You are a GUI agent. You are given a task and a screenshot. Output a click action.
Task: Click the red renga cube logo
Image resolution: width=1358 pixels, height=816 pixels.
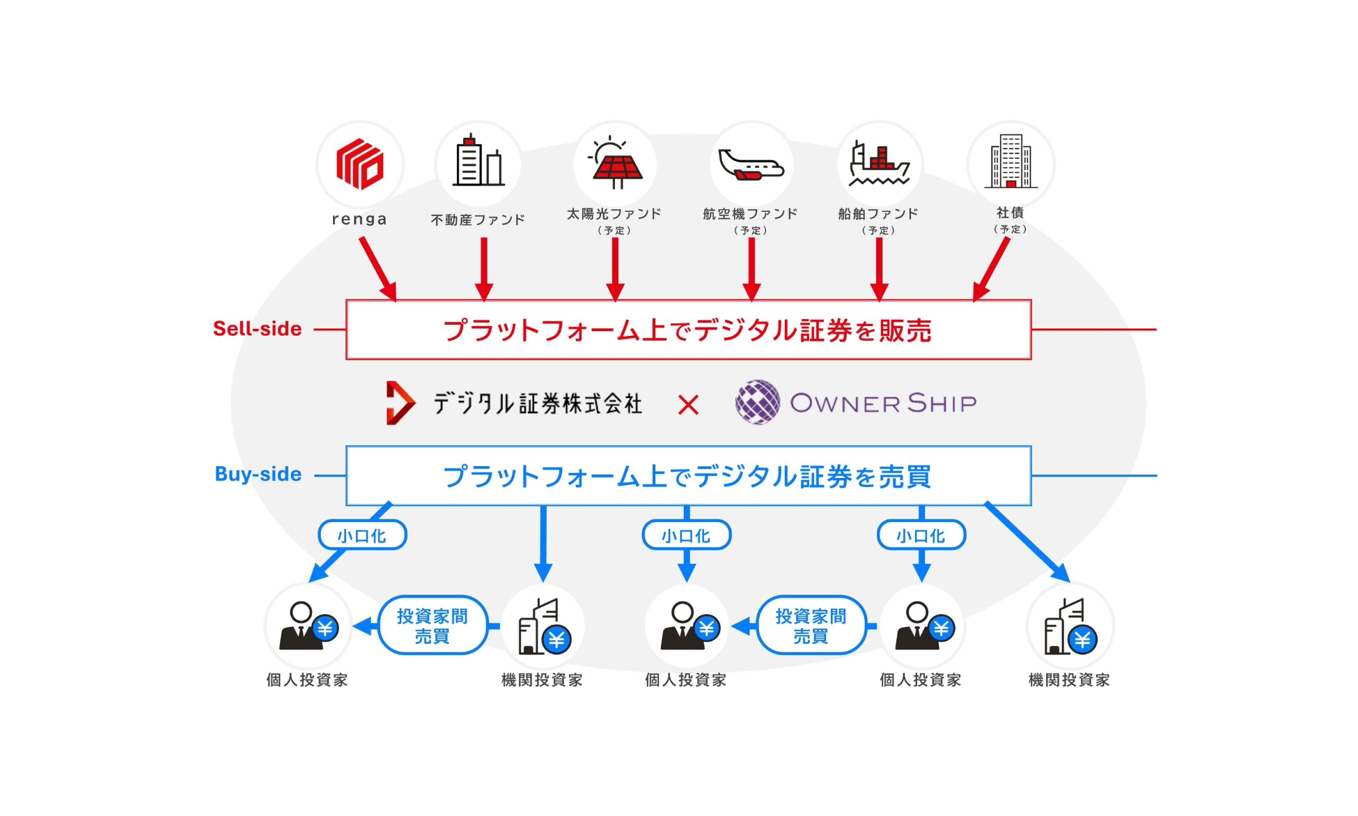tap(359, 164)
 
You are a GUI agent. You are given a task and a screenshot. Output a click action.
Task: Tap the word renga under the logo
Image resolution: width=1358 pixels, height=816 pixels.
tap(359, 219)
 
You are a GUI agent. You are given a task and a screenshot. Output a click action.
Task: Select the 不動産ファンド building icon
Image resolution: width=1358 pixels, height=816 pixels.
tap(478, 162)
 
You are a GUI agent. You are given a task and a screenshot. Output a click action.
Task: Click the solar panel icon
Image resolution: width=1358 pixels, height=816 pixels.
tap(615, 163)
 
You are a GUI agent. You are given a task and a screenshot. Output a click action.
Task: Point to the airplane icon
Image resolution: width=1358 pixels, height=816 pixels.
tap(751, 164)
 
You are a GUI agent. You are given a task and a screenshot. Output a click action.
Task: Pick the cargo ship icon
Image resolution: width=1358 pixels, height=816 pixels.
tap(879, 164)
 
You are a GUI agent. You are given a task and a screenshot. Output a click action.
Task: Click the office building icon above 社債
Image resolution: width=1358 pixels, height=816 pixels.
tap(1010, 162)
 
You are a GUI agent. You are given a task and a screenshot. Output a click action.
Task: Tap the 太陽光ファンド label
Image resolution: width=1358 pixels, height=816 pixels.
tap(614, 214)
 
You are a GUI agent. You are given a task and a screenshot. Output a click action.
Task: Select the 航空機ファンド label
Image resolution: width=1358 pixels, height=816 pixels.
tap(750, 214)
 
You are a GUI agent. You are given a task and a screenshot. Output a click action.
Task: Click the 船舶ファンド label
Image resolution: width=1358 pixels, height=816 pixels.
tap(878, 214)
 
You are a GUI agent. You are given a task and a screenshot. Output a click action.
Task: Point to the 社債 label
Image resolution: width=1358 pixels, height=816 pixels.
tap(1010, 213)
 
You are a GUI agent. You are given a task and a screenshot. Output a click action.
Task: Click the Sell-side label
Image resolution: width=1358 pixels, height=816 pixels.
tap(258, 329)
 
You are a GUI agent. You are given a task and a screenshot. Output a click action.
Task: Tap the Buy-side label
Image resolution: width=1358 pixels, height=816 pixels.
tap(258, 475)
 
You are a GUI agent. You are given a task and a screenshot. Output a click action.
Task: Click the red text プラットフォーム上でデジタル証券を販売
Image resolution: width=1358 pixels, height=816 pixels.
tap(687, 330)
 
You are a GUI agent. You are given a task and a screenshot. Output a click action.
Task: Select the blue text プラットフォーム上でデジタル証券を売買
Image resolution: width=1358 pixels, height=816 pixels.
tap(687, 477)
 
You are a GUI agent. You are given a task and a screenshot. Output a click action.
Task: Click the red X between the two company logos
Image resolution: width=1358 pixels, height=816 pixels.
tap(688, 405)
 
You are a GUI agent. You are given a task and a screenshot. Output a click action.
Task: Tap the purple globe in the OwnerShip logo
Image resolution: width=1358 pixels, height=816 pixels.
tap(758, 402)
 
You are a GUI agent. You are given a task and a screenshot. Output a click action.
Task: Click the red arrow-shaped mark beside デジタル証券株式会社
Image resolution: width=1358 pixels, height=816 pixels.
tap(400, 403)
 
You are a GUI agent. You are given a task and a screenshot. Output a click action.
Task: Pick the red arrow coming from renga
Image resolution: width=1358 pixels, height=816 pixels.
tap(377, 269)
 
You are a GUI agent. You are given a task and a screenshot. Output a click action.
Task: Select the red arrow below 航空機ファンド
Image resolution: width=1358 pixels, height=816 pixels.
tap(751, 269)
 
